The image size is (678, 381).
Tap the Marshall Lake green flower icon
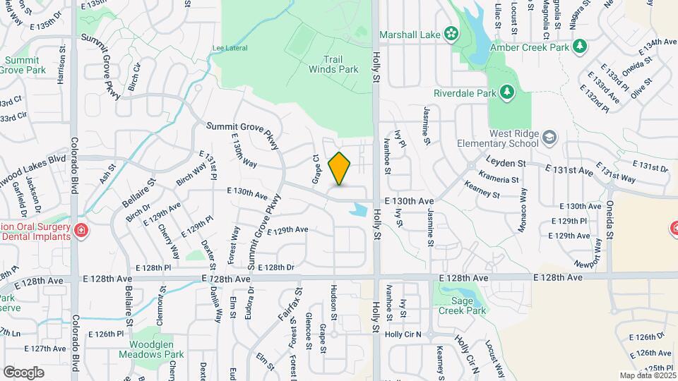coord(449,34)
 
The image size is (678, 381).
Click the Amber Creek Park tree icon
coord(580,47)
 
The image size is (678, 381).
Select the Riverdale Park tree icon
coord(506,92)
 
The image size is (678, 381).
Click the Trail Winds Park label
coord(333,64)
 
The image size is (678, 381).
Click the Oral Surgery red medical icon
coord(81,230)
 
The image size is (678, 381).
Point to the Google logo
coord(23,372)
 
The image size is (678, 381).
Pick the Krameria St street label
coord(499,176)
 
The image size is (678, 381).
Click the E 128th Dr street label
coord(275,267)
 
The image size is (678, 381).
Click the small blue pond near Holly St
coord(359,210)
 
